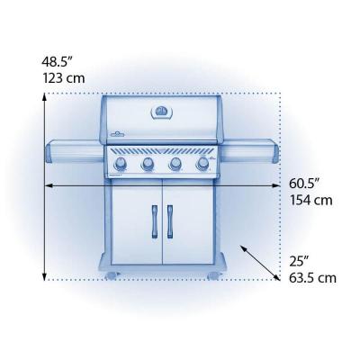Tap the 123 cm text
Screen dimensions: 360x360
point(60,78)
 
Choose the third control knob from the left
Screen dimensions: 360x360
point(175,163)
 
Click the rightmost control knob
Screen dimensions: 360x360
point(202,163)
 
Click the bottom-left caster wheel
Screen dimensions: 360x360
point(111,274)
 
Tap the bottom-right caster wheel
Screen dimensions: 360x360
point(213,274)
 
